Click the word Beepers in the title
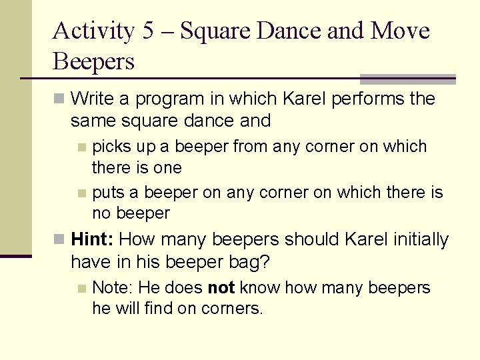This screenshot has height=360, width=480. (93, 62)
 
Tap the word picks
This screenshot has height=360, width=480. (110, 146)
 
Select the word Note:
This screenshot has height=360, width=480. (113, 288)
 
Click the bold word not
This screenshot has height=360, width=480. (221, 288)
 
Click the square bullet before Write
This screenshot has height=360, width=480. (60, 99)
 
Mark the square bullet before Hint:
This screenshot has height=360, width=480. (60, 239)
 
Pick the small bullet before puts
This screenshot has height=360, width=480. (81, 193)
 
